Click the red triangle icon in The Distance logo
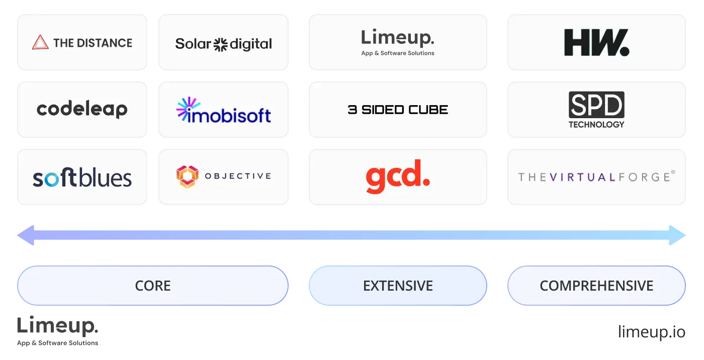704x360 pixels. (x=40, y=43)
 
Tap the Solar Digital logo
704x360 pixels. (x=223, y=44)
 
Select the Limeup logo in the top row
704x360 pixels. (x=397, y=38)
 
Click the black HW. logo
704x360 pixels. (x=596, y=43)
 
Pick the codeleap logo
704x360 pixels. (x=82, y=109)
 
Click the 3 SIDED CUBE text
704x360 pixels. (x=398, y=110)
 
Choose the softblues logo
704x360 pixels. (x=82, y=178)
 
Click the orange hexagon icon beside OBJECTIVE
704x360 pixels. (x=187, y=177)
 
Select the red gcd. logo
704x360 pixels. (x=397, y=177)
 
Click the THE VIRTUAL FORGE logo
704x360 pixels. (x=596, y=177)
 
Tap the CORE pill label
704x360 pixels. (x=153, y=286)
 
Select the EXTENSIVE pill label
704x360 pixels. (x=398, y=286)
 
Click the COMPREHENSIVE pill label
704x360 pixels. (x=596, y=286)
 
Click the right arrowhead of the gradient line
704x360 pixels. (x=679, y=235)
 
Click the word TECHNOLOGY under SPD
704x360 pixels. (x=596, y=124)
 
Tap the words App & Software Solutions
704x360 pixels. (x=397, y=53)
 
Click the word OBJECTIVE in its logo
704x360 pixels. (x=238, y=176)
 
